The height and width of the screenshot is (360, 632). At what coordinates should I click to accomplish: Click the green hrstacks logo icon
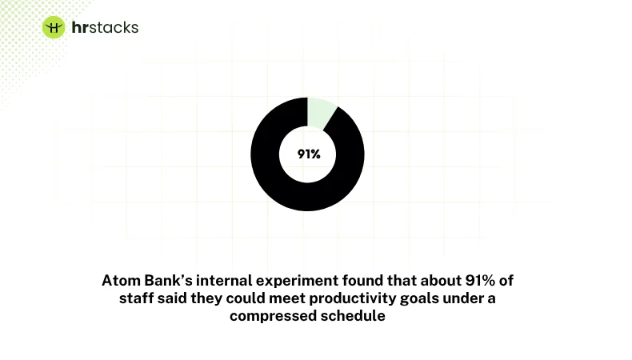(54, 28)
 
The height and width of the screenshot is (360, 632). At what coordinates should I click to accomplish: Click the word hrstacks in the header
(104, 28)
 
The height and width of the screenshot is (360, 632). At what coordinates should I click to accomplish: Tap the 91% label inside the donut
(308, 154)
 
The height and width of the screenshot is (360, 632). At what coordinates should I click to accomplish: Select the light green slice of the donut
(319, 112)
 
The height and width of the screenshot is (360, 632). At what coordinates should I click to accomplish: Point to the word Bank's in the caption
(166, 282)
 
